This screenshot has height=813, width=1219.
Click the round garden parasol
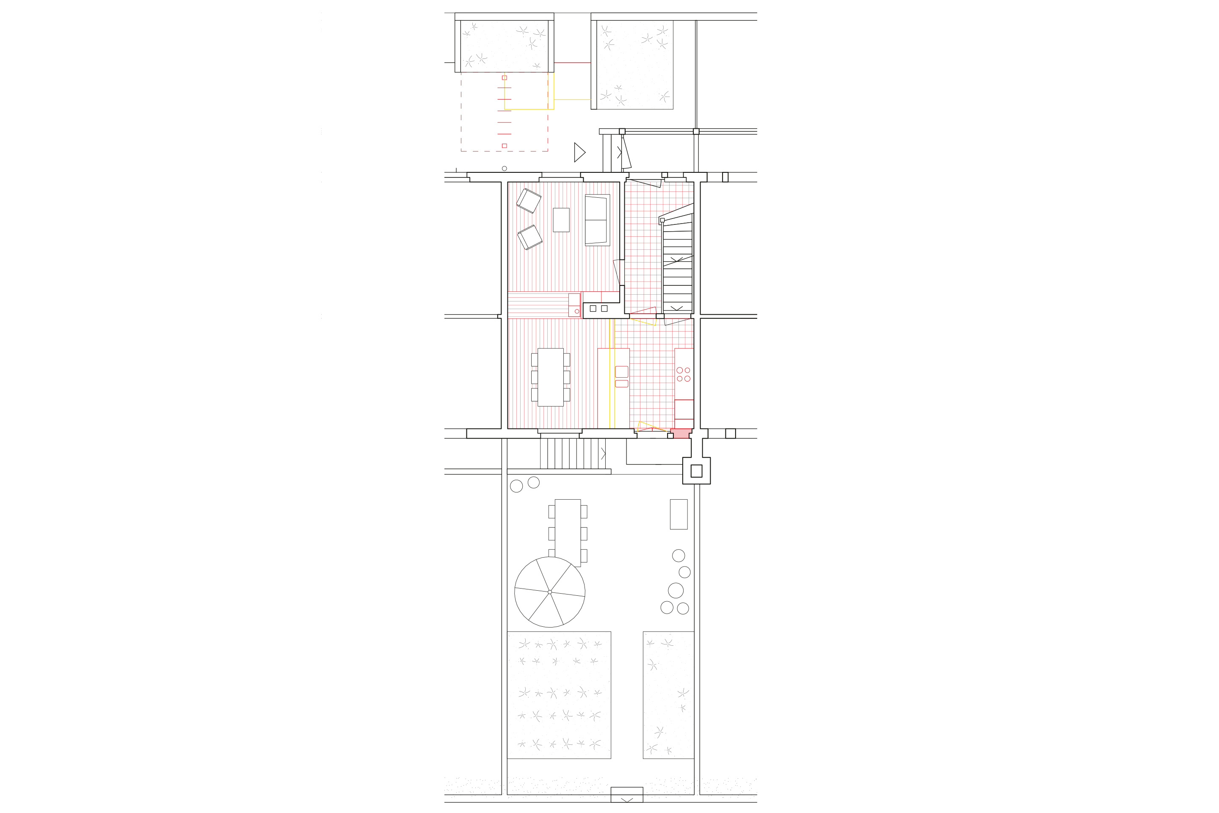(x=549, y=592)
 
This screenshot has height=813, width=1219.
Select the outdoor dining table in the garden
(x=568, y=533)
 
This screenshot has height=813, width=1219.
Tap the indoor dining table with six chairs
(x=550, y=377)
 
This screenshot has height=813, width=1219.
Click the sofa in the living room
(x=597, y=220)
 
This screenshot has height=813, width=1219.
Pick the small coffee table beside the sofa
(x=561, y=220)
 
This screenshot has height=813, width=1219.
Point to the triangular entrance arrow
(x=579, y=152)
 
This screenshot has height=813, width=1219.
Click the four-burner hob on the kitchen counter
(x=683, y=374)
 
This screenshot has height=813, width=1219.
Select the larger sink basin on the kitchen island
(x=621, y=371)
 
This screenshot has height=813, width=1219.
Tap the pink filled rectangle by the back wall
(x=680, y=434)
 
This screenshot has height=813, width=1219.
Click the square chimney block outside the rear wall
(x=696, y=471)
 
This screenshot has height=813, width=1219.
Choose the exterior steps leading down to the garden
(x=572, y=454)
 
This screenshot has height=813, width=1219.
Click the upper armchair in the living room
(x=529, y=201)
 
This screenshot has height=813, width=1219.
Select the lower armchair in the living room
(x=530, y=237)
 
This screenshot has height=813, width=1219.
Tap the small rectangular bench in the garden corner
(x=678, y=514)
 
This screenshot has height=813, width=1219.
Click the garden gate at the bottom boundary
(x=626, y=794)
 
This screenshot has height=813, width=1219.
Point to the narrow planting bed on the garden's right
(x=668, y=695)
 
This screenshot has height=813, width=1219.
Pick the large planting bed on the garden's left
(x=559, y=695)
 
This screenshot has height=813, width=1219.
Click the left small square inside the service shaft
(x=593, y=309)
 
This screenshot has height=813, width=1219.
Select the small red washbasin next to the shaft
(x=574, y=305)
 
